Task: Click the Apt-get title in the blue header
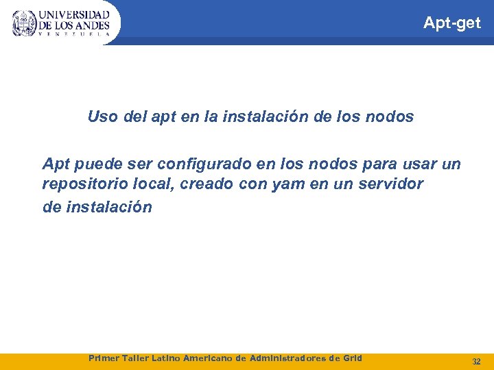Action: click(x=452, y=23)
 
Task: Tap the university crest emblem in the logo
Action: click(x=24, y=23)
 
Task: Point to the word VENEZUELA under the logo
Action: click(x=73, y=34)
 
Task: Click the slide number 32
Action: click(x=476, y=361)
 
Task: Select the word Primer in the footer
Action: click(x=105, y=358)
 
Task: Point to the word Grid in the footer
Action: click(x=351, y=358)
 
